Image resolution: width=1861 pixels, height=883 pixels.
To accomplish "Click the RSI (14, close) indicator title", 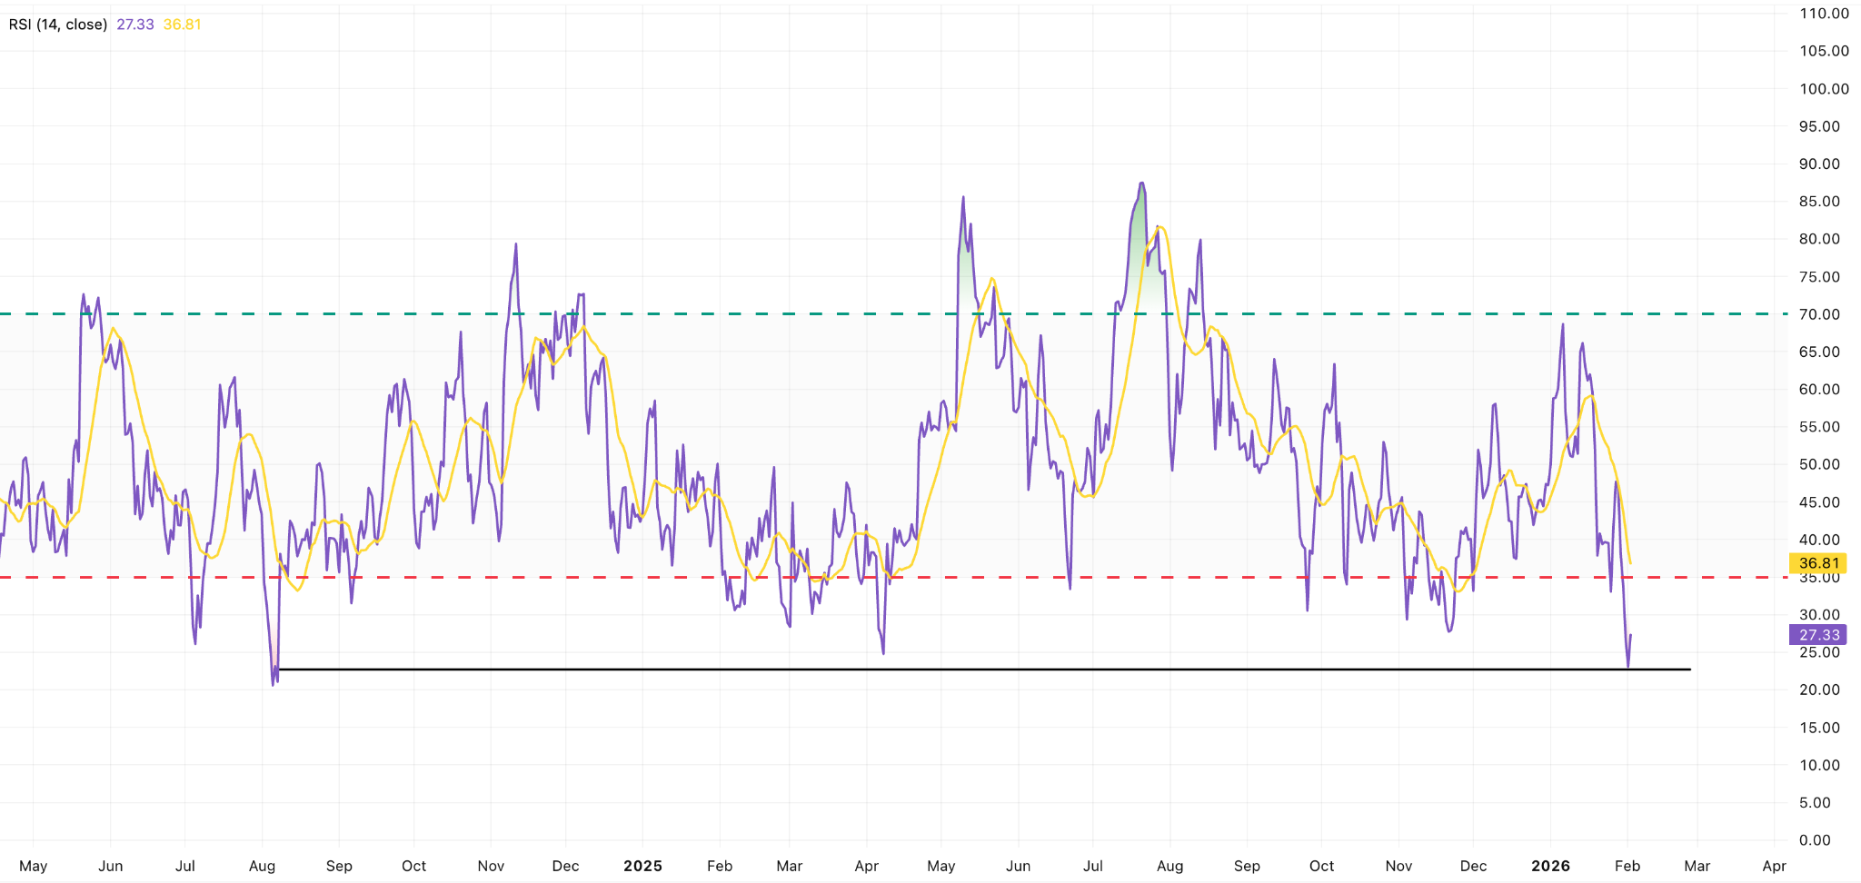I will (x=58, y=25).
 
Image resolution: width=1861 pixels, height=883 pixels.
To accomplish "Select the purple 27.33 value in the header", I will (x=135, y=25).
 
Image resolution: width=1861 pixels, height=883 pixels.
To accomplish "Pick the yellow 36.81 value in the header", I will (x=182, y=25).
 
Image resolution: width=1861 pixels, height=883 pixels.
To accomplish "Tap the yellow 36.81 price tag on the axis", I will (x=1818, y=563).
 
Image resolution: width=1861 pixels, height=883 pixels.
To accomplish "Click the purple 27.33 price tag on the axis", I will (x=1818, y=635).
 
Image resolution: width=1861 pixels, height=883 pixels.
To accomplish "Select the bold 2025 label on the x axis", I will (x=642, y=866).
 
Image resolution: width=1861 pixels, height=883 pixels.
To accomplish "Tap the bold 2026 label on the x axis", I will (x=1550, y=866).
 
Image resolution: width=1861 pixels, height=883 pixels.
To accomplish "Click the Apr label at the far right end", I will (x=1774, y=866).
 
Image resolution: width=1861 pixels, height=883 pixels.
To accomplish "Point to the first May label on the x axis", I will (x=34, y=866).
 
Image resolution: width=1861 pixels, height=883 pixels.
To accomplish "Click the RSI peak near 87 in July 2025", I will (x=1141, y=184).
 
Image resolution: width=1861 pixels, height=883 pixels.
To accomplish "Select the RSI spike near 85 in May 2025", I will (x=963, y=197).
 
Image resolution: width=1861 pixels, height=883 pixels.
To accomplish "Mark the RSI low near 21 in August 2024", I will (x=273, y=684).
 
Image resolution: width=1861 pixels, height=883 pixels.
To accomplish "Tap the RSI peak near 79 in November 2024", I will (x=516, y=244).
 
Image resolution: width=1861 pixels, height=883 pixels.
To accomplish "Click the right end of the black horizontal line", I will (x=1690, y=670).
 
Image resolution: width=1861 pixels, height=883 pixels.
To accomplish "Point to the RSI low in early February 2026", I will (x=1627, y=667).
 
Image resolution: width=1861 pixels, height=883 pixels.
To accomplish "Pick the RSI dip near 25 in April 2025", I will (x=883, y=653).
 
